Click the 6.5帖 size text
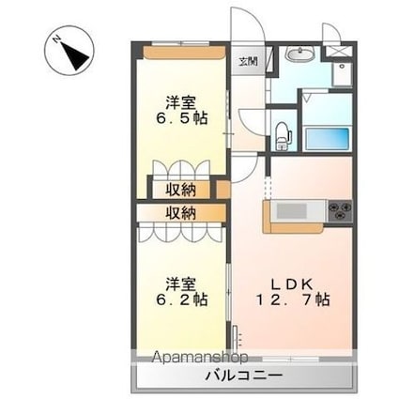click(182, 119)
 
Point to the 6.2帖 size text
click(182, 299)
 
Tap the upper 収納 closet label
click(182, 190)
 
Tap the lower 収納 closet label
click(182, 213)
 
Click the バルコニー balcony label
click(246, 376)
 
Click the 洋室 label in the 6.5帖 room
click(182, 100)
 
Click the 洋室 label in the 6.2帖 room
click(182, 281)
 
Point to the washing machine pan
click(340, 70)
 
